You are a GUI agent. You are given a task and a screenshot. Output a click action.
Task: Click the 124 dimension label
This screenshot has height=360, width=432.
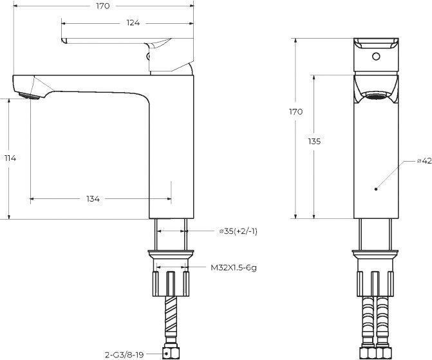tap(133, 23)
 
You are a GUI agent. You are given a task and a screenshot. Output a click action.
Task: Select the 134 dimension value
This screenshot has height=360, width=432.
tap(93, 199)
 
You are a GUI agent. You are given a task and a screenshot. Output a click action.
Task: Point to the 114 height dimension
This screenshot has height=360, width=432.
tap(10, 158)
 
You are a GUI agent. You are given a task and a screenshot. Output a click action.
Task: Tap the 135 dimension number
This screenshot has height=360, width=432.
tap(314, 142)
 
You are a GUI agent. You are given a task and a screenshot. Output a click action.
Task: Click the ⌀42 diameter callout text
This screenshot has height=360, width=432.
tap(424, 161)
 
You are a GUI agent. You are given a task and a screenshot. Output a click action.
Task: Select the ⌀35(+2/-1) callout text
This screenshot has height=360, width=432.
tap(238, 231)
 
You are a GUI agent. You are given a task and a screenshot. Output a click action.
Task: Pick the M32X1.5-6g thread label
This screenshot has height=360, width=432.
tap(234, 267)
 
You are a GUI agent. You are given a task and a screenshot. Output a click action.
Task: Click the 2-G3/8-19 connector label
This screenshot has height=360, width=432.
tap(124, 355)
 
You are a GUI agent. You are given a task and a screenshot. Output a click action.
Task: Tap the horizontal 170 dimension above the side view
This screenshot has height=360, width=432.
tap(103, 6)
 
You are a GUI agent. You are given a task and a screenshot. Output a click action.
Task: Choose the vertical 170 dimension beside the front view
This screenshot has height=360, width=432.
tap(296, 111)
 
